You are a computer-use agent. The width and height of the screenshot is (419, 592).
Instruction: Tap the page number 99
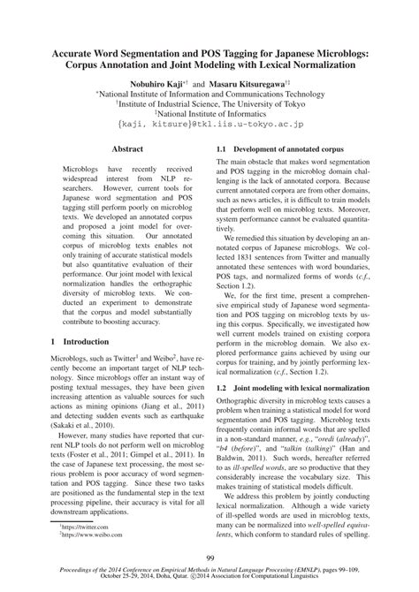click(x=209, y=558)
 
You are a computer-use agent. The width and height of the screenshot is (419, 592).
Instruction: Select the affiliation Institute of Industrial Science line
click(x=210, y=102)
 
